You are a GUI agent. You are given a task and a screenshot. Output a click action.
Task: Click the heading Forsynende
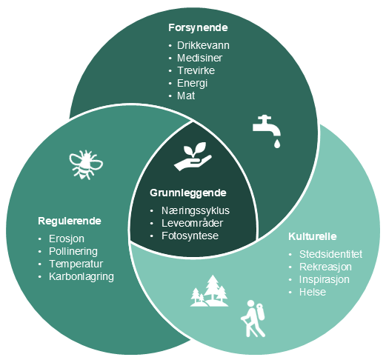coord(198,27)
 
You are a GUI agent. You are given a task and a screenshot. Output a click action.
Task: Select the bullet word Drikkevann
coord(203,45)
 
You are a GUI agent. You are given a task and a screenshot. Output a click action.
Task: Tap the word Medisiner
coord(199,58)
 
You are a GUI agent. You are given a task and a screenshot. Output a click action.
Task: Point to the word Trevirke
coord(196,70)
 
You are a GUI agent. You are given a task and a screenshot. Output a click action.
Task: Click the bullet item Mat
coord(186,96)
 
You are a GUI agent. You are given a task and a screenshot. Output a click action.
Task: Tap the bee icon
coord(86,164)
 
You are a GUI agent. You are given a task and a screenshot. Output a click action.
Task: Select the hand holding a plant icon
coord(193,156)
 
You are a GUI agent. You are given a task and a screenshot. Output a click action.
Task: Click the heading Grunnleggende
coord(188,193)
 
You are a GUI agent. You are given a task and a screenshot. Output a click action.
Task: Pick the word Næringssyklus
coord(196,210)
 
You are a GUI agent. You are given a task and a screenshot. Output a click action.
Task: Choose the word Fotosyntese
coord(190,236)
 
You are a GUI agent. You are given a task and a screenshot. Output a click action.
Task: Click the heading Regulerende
coord(70,221)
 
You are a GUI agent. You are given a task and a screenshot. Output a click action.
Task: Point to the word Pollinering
coord(73,251)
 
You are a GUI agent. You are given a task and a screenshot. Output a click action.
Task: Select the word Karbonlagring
coord(81,276)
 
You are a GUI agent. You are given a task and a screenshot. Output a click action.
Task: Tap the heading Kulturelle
coord(313,236)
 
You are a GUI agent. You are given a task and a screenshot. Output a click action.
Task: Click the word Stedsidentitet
coord(330,254)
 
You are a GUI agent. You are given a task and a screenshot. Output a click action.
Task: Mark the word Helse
coord(313,292)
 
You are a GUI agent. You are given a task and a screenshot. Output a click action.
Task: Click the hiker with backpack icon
coord(253,319)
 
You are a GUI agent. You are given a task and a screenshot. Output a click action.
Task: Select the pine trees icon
coord(210,291)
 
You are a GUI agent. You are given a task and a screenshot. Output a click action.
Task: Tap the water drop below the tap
coord(277,144)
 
